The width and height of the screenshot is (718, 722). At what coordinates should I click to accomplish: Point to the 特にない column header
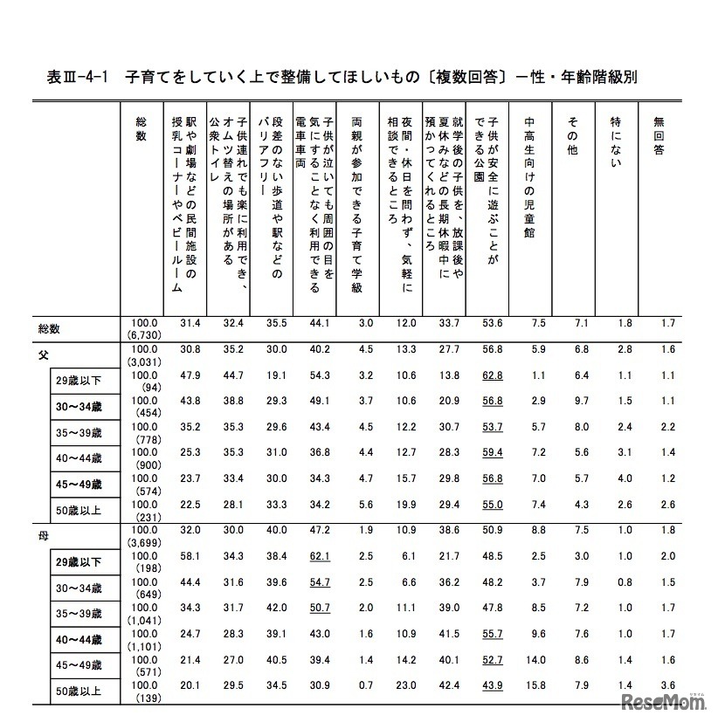[x=616, y=136]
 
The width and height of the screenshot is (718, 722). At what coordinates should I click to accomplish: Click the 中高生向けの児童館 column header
[x=530, y=175]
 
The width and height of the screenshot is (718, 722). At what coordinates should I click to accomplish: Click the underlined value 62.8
[x=494, y=376]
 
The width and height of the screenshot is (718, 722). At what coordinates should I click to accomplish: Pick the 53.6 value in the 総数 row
[x=494, y=323]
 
